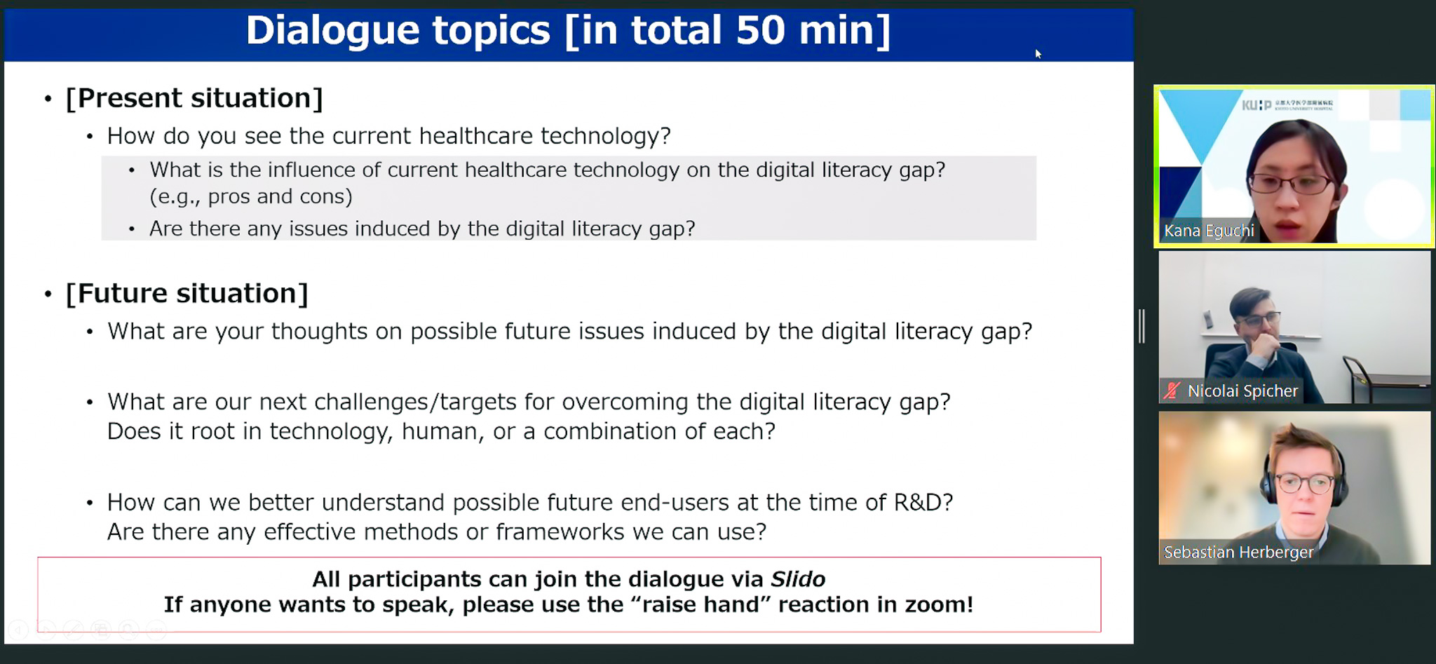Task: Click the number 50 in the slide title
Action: (760, 30)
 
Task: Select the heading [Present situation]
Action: (194, 98)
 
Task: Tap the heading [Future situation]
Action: (187, 293)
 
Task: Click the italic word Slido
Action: (798, 579)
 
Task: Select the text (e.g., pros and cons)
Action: (251, 197)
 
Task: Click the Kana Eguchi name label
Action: (1209, 231)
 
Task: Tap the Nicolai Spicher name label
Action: (1242, 391)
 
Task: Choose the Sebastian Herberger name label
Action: (1238, 552)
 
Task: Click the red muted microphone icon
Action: (1172, 391)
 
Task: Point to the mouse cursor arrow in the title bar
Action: (1038, 54)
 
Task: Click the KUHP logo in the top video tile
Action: (1256, 105)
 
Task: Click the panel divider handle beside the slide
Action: (1142, 326)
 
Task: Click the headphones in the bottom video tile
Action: (1304, 473)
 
